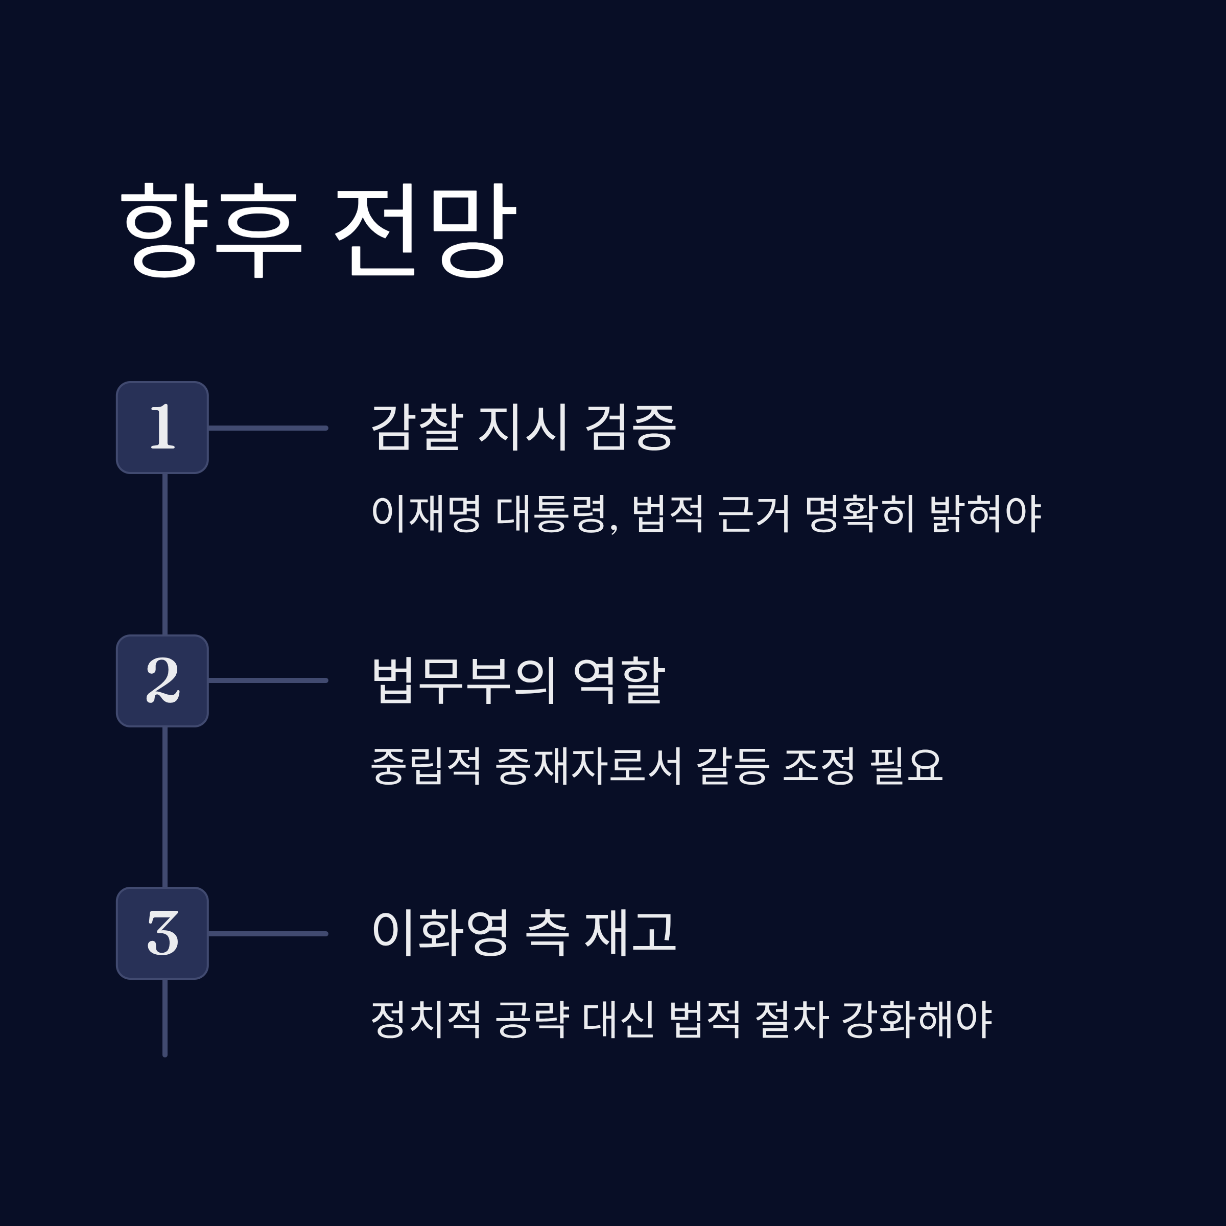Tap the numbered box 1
[x=162, y=428]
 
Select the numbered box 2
[x=162, y=681]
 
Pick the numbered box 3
[x=162, y=933]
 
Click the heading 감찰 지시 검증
[x=524, y=427]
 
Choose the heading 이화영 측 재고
[x=524, y=933]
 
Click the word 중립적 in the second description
[x=426, y=765]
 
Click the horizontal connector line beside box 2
[x=268, y=680]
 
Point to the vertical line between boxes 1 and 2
[x=165, y=554]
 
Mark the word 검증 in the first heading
[x=630, y=427]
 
